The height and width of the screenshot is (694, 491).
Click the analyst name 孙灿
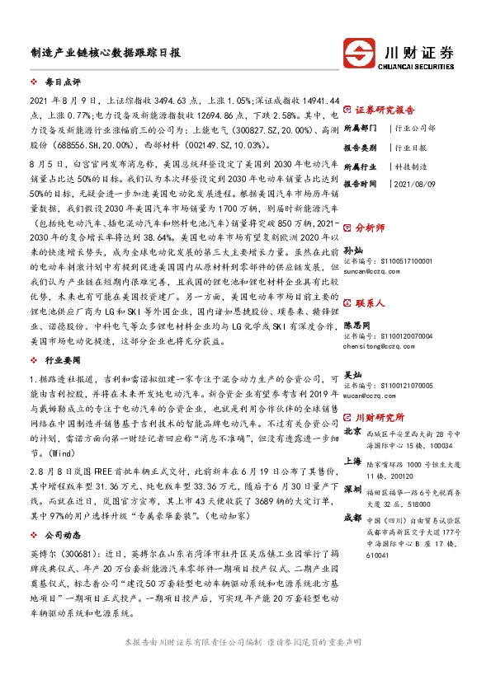pyautogui.click(x=352, y=249)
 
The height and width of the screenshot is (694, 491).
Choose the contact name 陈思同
pyautogui.click(x=357, y=326)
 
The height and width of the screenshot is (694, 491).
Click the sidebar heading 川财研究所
pyautogui.click(x=380, y=417)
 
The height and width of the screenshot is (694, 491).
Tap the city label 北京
pyautogui.click(x=352, y=431)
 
